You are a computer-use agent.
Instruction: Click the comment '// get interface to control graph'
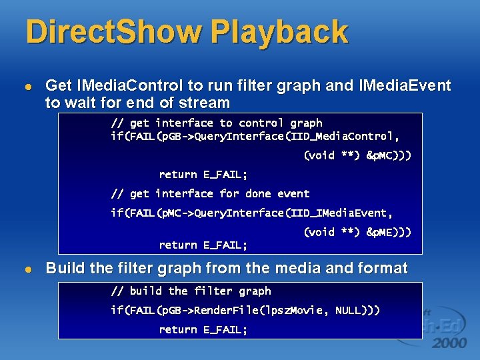(216, 123)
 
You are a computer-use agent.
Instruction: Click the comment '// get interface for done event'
(210, 193)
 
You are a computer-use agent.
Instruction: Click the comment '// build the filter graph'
(191, 291)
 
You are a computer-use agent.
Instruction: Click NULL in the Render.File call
(350, 310)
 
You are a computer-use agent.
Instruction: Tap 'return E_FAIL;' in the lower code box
(203, 329)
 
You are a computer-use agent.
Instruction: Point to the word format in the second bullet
(381, 269)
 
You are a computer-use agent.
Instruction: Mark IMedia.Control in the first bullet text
(131, 85)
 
